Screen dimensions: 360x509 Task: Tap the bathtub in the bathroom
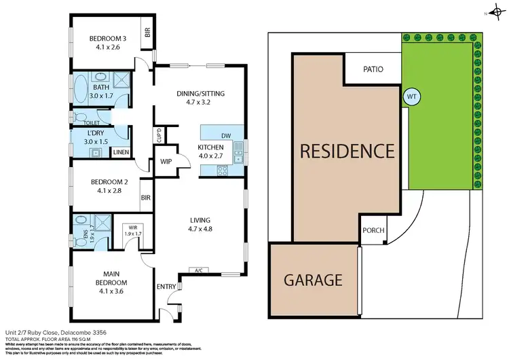click(x=81, y=89)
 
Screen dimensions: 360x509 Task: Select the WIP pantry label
click(x=166, y=162)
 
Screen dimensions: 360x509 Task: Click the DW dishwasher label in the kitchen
click(x=225, y=136)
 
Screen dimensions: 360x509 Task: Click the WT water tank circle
click(x=411, y=96)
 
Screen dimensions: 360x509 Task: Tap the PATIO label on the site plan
click(x=373, y=69)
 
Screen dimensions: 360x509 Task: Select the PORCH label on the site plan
click(x=373, y=230)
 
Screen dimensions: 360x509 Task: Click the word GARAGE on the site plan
click(x=312, y=279)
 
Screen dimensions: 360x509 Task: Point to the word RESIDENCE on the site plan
click(x=347, y=151)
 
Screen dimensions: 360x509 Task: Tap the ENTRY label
click(x=166, y=287)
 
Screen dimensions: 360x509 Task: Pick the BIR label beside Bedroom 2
click(x=145, y=198)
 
